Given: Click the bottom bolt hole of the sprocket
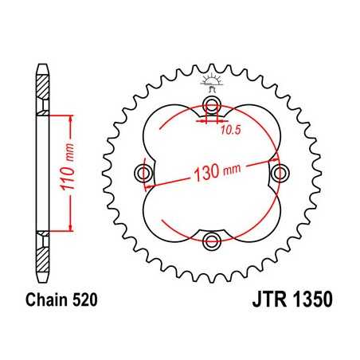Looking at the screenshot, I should click(x=211, y=241).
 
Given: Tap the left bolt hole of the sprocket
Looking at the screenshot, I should click(x=144, y=174).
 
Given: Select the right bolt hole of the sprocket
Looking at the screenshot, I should click(x=279, y=174).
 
